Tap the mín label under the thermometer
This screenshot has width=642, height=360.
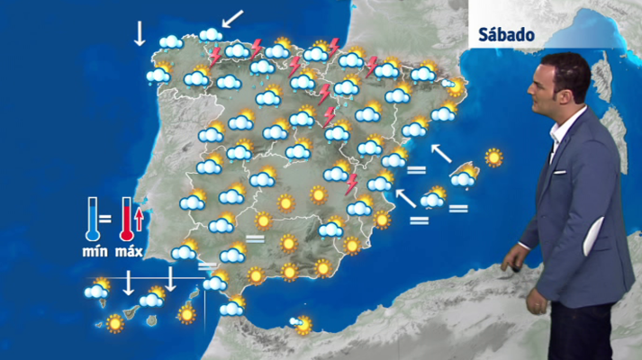tap(95, 252)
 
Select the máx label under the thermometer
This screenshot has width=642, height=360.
tap(130, 252)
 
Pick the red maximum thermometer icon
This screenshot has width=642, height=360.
tap(126, 221)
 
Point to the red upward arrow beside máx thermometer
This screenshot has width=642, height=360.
tap(140, 219)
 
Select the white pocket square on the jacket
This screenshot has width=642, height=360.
tap(559, 170)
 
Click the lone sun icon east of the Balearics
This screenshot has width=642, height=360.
tap(493, 157)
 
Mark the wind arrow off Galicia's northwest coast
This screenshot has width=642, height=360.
tap(139, 32)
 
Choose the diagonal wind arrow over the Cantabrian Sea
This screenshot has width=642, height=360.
tap(232, 17)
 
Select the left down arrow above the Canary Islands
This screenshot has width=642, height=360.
tap(129, 283)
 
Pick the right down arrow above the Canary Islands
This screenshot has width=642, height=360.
tap(170, 279)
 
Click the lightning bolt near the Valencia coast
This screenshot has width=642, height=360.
tap(352, 184)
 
